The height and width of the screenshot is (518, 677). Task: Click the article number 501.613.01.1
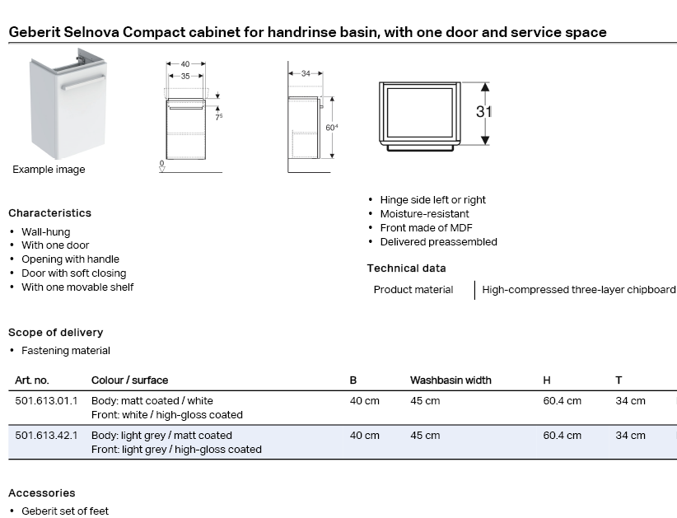click(46, 401)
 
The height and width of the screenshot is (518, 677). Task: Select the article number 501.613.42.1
click(46, 436)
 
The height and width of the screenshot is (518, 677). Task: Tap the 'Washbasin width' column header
click(451, 380)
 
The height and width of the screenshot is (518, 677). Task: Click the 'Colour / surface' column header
click(129, 380)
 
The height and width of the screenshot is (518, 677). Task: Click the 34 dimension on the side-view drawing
click(306, 73)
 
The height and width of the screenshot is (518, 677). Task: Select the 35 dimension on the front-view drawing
click(186, 76)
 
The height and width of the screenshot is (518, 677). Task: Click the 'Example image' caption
click(49, 170)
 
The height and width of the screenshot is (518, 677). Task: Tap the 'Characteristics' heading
click(49, 213)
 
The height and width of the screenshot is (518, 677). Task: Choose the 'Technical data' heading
click(406, 268)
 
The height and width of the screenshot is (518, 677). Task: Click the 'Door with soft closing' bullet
click(74, 273)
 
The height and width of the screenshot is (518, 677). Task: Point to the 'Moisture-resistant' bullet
click(424, 214)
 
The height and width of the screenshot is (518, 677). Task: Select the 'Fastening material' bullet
click(66, 351)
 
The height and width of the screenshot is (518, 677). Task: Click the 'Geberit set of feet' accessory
click(65, 511)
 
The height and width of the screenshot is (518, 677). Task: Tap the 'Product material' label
click(413, 290)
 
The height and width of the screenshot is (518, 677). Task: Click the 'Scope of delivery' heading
click(55, 333)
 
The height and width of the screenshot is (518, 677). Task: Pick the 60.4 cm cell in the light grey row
click(562, 436)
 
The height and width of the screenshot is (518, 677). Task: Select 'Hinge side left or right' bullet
click(432, 200)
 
